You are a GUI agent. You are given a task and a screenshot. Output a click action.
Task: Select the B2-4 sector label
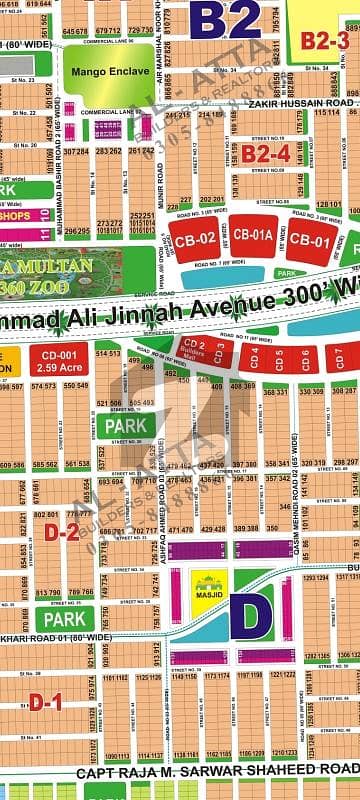[265, 153]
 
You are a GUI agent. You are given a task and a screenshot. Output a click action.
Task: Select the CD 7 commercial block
[339, 356]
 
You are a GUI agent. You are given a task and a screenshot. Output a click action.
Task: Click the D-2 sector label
[67, 532]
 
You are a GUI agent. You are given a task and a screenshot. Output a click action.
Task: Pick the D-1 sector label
[45, 702]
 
